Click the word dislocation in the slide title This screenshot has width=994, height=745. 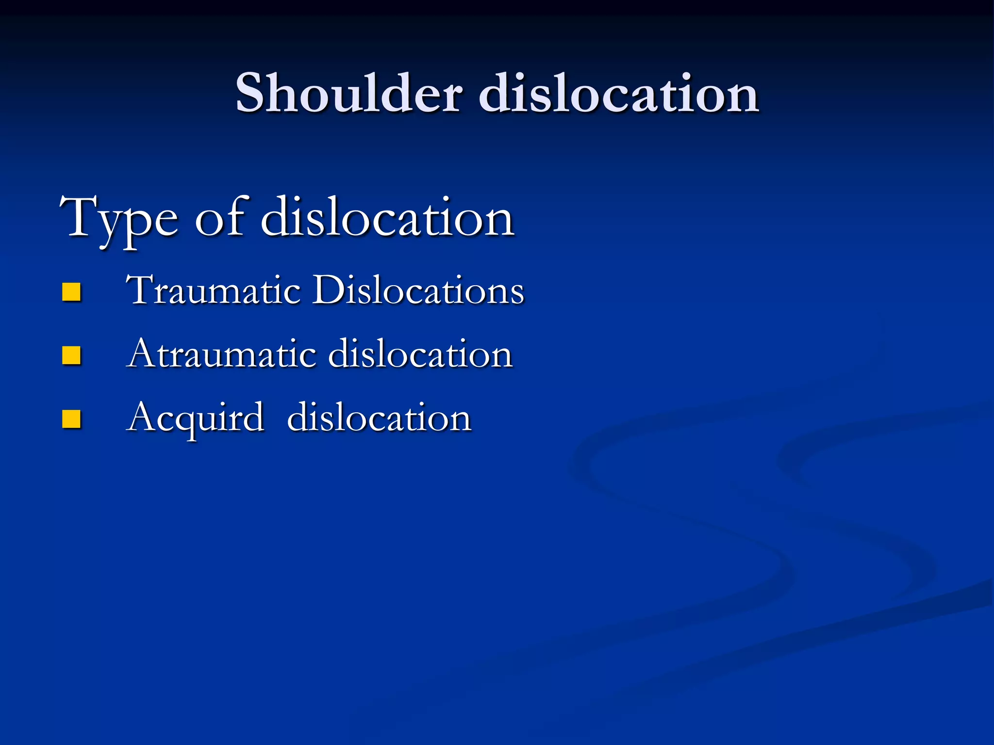[x=619, y=93]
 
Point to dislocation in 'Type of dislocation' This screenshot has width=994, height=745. [x=387, y=218]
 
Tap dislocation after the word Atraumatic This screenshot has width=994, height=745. [x=420, y=354]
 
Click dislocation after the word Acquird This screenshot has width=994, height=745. [x=379, y=418]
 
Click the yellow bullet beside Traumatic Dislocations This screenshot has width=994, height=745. [x=71, y=292]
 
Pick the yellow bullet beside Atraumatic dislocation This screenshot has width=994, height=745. [x=71, y=356]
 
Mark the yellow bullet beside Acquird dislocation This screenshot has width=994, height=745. [x=71, y=420]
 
